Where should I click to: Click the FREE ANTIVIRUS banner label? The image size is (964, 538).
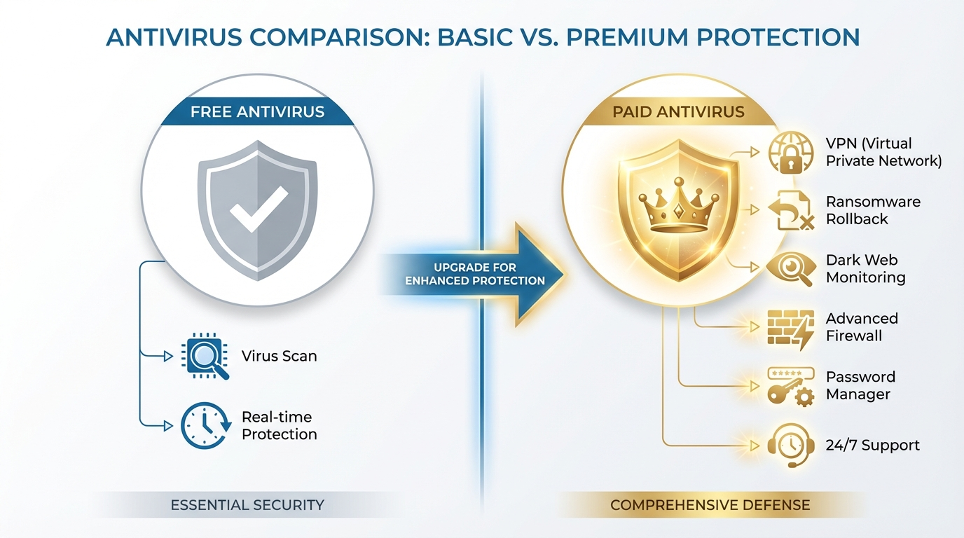(257, 112)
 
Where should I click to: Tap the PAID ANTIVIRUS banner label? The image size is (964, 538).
(677, 112)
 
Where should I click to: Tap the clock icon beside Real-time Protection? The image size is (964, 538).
(204, 425)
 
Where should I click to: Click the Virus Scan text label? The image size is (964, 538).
(279, 356)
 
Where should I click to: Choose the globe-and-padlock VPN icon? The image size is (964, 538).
(790, 153)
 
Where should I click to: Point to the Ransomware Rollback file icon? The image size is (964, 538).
(790, 210)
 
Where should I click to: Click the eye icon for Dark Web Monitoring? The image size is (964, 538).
(790, 268)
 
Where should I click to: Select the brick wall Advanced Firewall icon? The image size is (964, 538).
(790, 327)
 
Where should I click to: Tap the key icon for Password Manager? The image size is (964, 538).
(790, 386)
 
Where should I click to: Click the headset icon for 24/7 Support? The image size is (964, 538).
(790, 445)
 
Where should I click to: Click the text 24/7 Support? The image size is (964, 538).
(872, 446)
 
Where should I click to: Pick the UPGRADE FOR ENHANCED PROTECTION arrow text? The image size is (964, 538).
(474, 274)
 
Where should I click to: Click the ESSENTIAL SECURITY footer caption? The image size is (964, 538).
(247, 504)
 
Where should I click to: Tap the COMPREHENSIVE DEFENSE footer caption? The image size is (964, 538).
(710, 504)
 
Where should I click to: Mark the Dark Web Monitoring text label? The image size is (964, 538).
(865, 269)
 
